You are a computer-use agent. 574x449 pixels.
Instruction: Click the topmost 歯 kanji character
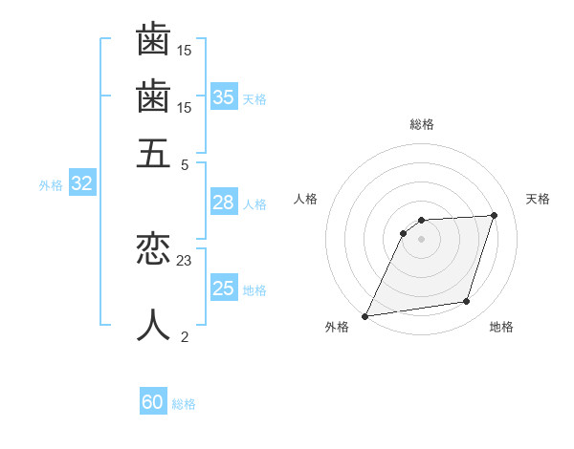click(x=153, y=40)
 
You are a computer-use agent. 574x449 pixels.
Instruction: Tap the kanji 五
click(x=153, y=153)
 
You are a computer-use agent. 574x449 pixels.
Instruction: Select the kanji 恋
click(x=153, y=250)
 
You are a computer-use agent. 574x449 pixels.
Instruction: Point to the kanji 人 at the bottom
click(x=153, y=325)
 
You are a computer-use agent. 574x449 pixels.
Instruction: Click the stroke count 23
click(x=185, y=260)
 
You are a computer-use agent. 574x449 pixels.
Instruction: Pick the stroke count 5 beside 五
click(x=185, y=163)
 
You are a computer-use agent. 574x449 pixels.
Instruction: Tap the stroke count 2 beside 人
click(x=185, y=335)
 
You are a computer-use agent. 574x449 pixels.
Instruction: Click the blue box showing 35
click(x=224, y=96)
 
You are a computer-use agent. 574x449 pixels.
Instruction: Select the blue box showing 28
click(x=224, y=203)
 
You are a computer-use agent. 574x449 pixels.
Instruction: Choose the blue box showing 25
click(x=224, y=289)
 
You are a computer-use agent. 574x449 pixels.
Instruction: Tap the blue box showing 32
click(x=81, y=184)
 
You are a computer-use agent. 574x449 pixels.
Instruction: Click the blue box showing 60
click(x=153, y=402)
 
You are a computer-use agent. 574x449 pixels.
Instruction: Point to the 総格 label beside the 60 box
click(x=184, y=404)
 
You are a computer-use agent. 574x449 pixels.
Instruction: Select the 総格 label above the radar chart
click(x=422, y=124)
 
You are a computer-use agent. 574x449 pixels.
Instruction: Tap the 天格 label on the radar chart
click(x=538, y=199)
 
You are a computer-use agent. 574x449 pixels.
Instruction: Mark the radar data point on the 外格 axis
click(x=364, y=316)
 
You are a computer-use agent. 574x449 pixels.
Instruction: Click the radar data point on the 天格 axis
click(x=494, y=215)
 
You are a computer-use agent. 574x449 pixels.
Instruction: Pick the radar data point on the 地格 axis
click(x=466, y=302)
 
